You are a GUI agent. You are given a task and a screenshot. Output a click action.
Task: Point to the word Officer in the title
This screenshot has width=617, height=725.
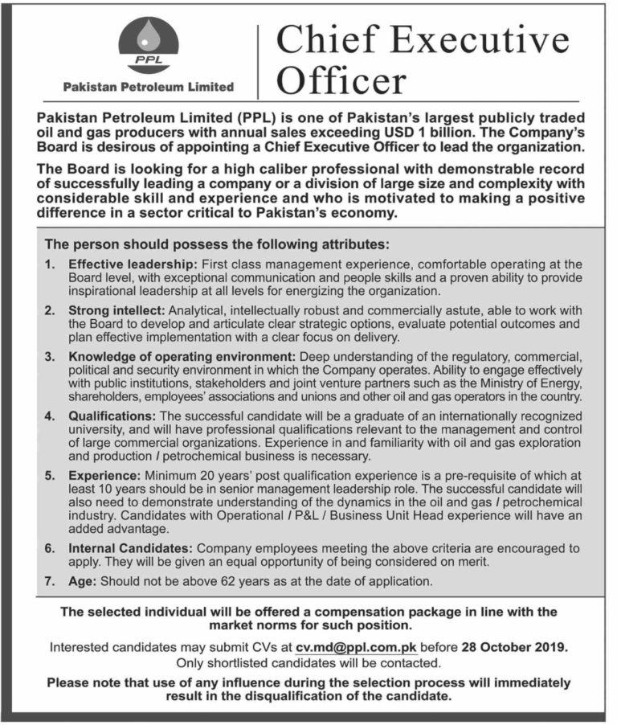click(341, 81)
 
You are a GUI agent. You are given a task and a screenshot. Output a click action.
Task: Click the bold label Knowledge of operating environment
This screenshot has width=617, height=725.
click(181, 355)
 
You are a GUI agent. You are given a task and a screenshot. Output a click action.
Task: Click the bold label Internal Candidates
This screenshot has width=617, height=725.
click(130, 548)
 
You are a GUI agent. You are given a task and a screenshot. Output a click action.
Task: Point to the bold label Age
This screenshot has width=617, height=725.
click(83, 580)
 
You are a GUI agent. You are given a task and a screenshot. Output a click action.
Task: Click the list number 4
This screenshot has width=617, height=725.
click(50, 416)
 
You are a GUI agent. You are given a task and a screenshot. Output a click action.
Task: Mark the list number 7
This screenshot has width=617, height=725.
click(50, 580)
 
